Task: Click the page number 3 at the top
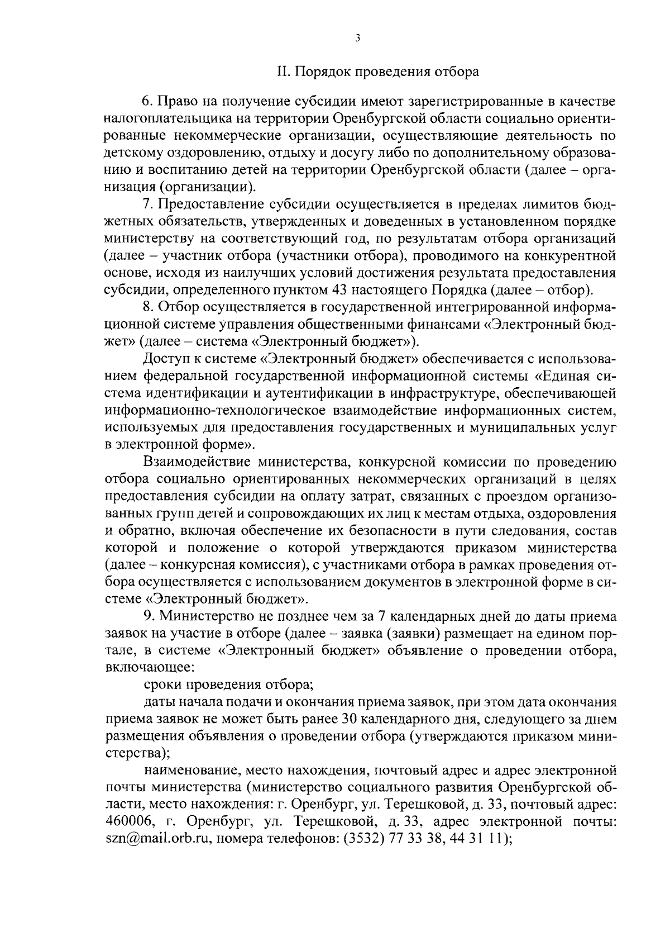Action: [357, 38]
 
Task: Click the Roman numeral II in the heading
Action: [283, 72]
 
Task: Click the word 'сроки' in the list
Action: [162, 684]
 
